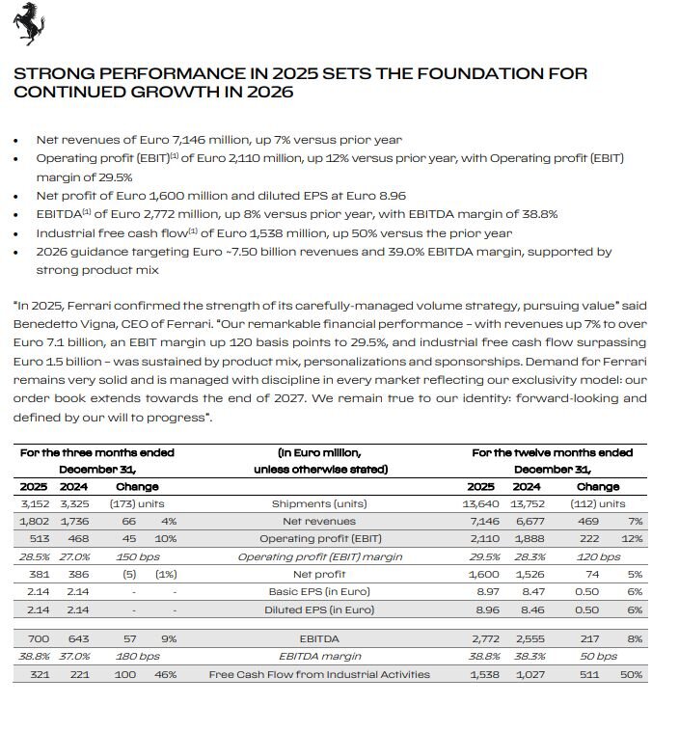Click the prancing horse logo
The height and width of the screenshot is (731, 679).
29,25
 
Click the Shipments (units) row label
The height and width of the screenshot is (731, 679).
319,503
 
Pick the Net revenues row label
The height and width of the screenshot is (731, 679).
319,522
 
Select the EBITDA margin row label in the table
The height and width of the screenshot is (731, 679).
319,656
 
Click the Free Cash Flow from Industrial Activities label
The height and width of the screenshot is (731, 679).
319,674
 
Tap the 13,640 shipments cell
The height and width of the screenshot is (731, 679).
480,503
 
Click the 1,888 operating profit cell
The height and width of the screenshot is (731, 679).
526,540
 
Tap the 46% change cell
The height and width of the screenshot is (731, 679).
165,674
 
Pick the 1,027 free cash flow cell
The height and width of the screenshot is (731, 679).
527,674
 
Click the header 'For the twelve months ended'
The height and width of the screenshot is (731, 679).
553,452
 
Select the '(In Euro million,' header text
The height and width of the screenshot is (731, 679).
319,452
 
